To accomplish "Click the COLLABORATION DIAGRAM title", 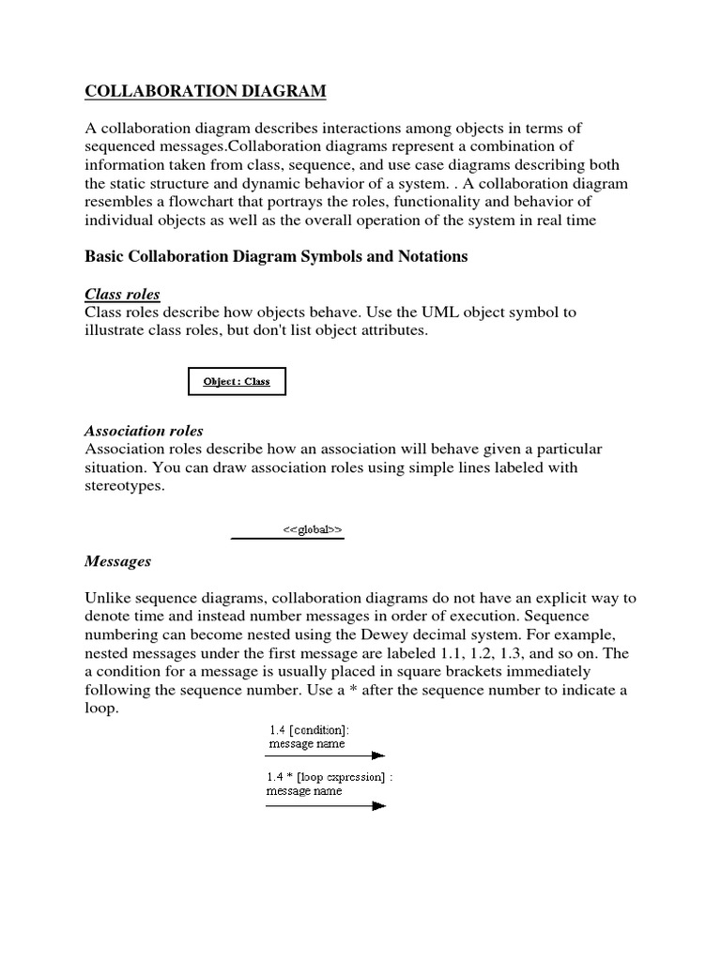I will click(206, 90).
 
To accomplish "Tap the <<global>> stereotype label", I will click(313, 530).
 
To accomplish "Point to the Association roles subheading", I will click(144, 431).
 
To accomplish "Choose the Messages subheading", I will click(117, 561).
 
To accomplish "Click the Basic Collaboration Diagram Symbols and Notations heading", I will click(276, 256).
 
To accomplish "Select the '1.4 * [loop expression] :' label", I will click(328, 776).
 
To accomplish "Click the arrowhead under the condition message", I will click(377, 755).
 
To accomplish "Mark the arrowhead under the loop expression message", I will click(379, 804).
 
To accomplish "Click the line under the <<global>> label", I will click(287, 539).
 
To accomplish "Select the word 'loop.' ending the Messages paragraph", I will click(102, 709).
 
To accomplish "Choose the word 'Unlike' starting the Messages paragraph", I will click(107, 598).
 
